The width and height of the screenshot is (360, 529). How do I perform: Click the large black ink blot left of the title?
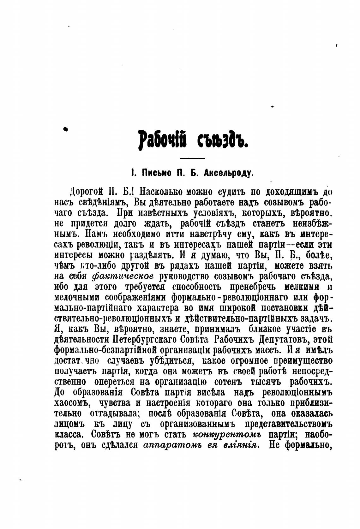pyautogui.click(x=66, y=129)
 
